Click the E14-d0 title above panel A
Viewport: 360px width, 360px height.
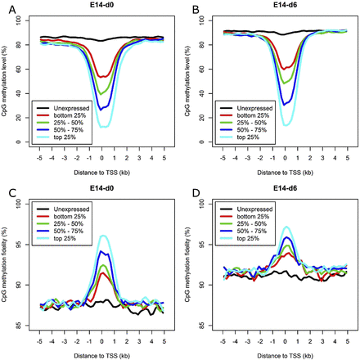point(104,6)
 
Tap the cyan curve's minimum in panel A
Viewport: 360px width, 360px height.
point(104,126)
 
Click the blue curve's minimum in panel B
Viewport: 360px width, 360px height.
point(283,103)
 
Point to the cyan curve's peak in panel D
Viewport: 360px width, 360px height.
point(284,227)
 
